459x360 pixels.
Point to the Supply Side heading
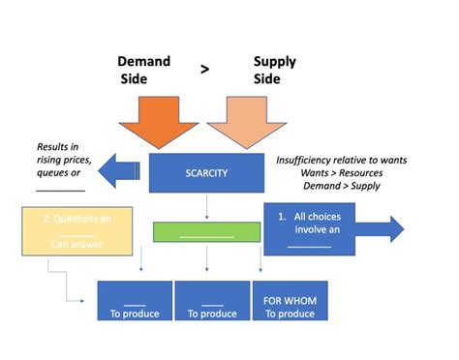[x=274, y=69]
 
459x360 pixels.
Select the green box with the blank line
[x=206, y=232]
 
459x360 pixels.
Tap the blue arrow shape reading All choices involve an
[x=334, y=229]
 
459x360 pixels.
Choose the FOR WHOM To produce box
[x=290, y=300]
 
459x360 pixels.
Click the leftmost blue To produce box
[x=134, y=300]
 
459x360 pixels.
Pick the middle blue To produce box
[x=211, y=300]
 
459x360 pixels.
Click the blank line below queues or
[x=61, y=189]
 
